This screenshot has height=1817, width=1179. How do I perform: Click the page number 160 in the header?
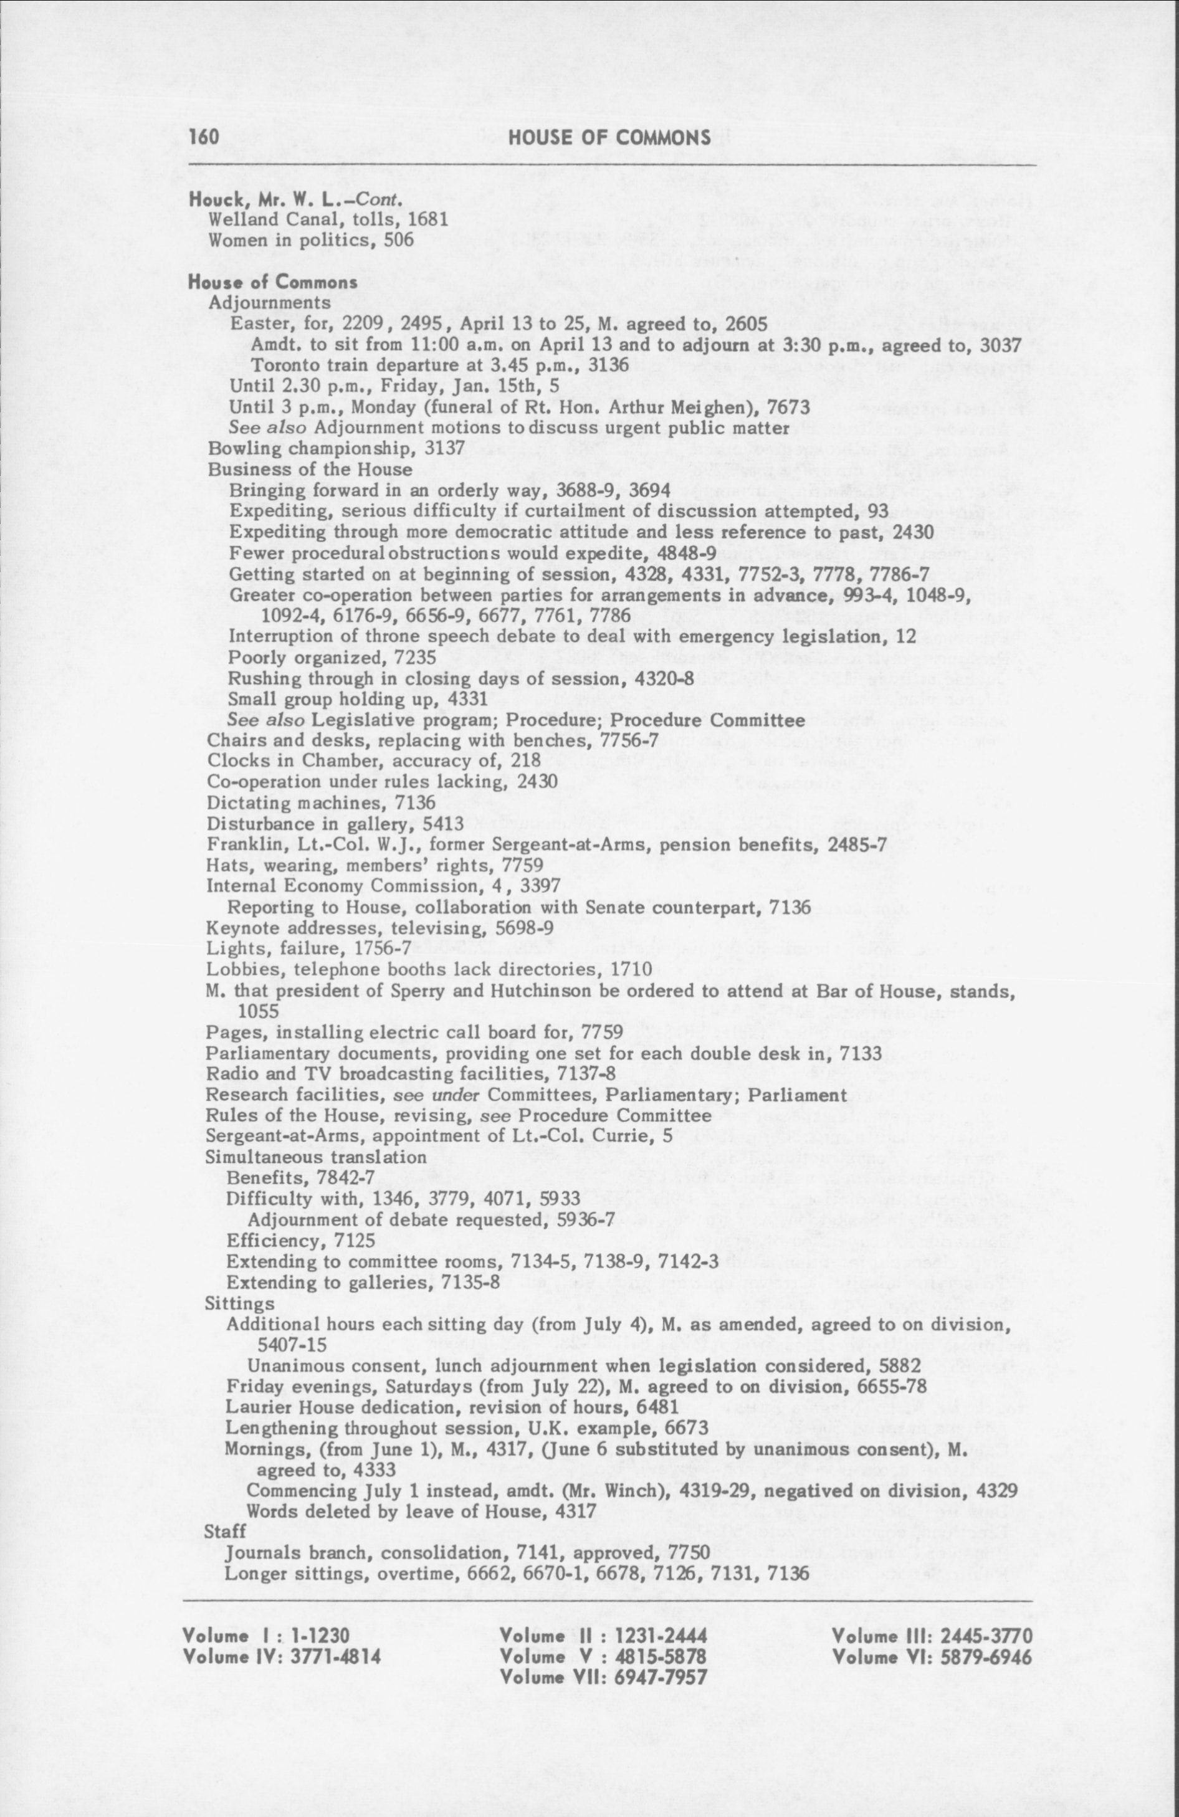tap(204, 138)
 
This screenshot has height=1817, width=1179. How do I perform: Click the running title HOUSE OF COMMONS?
tap(609, 138)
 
